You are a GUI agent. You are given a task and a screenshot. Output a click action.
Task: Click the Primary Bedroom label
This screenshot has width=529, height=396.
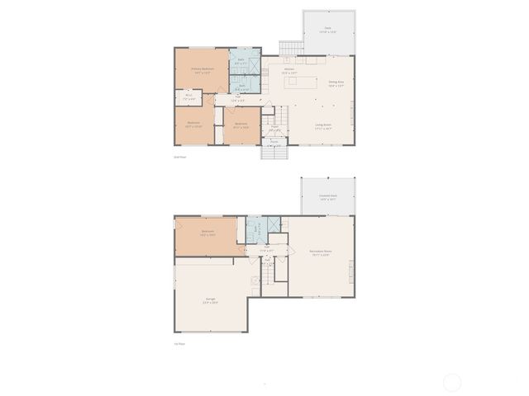coord(202,70)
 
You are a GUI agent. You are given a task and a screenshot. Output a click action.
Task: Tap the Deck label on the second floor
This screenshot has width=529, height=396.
coord(328,30)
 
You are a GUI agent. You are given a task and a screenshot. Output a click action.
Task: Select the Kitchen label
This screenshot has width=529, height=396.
coord(289,70)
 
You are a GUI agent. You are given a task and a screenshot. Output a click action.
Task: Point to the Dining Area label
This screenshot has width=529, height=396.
coord(336,83)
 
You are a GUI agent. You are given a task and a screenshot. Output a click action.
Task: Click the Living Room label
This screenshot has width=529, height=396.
coord(323,126)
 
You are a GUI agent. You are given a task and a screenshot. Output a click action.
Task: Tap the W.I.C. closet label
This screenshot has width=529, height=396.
coord(188,97)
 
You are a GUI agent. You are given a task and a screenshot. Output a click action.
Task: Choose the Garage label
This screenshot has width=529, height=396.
coord(211,300)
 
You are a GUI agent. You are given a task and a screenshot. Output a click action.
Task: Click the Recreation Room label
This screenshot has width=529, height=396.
coord(320,252)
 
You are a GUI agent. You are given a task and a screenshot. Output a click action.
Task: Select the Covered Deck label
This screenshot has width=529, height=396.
coord(327,197)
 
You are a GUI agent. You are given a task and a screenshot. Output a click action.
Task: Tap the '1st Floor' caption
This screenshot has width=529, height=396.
coord(178,344)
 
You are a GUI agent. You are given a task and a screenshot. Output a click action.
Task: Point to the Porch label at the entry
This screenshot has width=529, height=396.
coord(274,141)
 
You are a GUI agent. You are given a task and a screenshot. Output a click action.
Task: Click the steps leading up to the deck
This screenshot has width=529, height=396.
coord(290,49)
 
